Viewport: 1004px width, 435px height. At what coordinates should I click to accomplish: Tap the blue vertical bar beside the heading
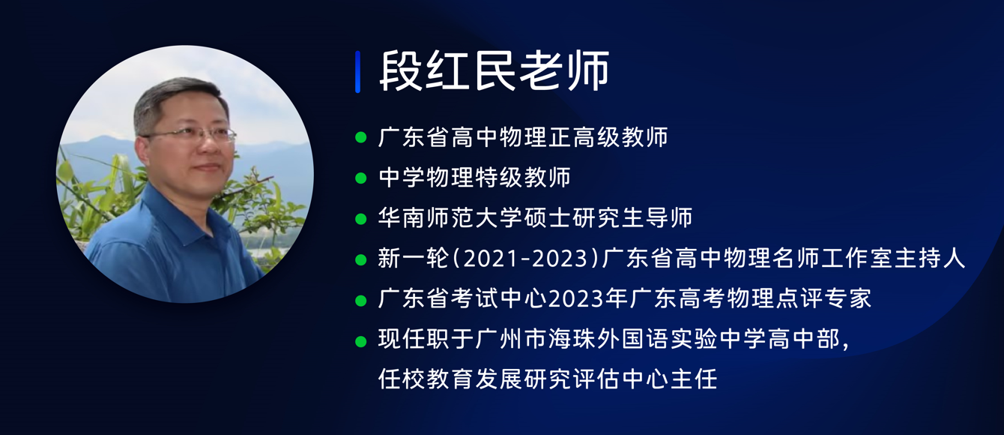pos(357,72)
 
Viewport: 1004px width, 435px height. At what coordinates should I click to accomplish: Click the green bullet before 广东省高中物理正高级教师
pos(361,137)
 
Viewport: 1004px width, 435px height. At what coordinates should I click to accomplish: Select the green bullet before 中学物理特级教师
pos(361,178)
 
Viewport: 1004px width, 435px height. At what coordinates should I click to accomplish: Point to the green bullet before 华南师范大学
pos(361,219)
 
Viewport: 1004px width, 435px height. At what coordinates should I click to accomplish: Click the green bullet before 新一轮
pos(361,259)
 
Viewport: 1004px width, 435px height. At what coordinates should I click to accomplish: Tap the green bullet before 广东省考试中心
pos(361,301)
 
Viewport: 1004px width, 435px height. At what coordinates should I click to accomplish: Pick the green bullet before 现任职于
pos(361,341)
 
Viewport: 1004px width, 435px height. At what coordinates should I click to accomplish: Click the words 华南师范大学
pos(450,217)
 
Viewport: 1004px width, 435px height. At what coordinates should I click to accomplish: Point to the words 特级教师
pos(523,177)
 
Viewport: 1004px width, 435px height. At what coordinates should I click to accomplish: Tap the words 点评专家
pos(824,298)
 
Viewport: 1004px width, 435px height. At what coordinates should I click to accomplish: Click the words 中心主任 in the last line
pos(670,379)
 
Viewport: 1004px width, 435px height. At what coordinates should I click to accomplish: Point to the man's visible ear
pos(143,151)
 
